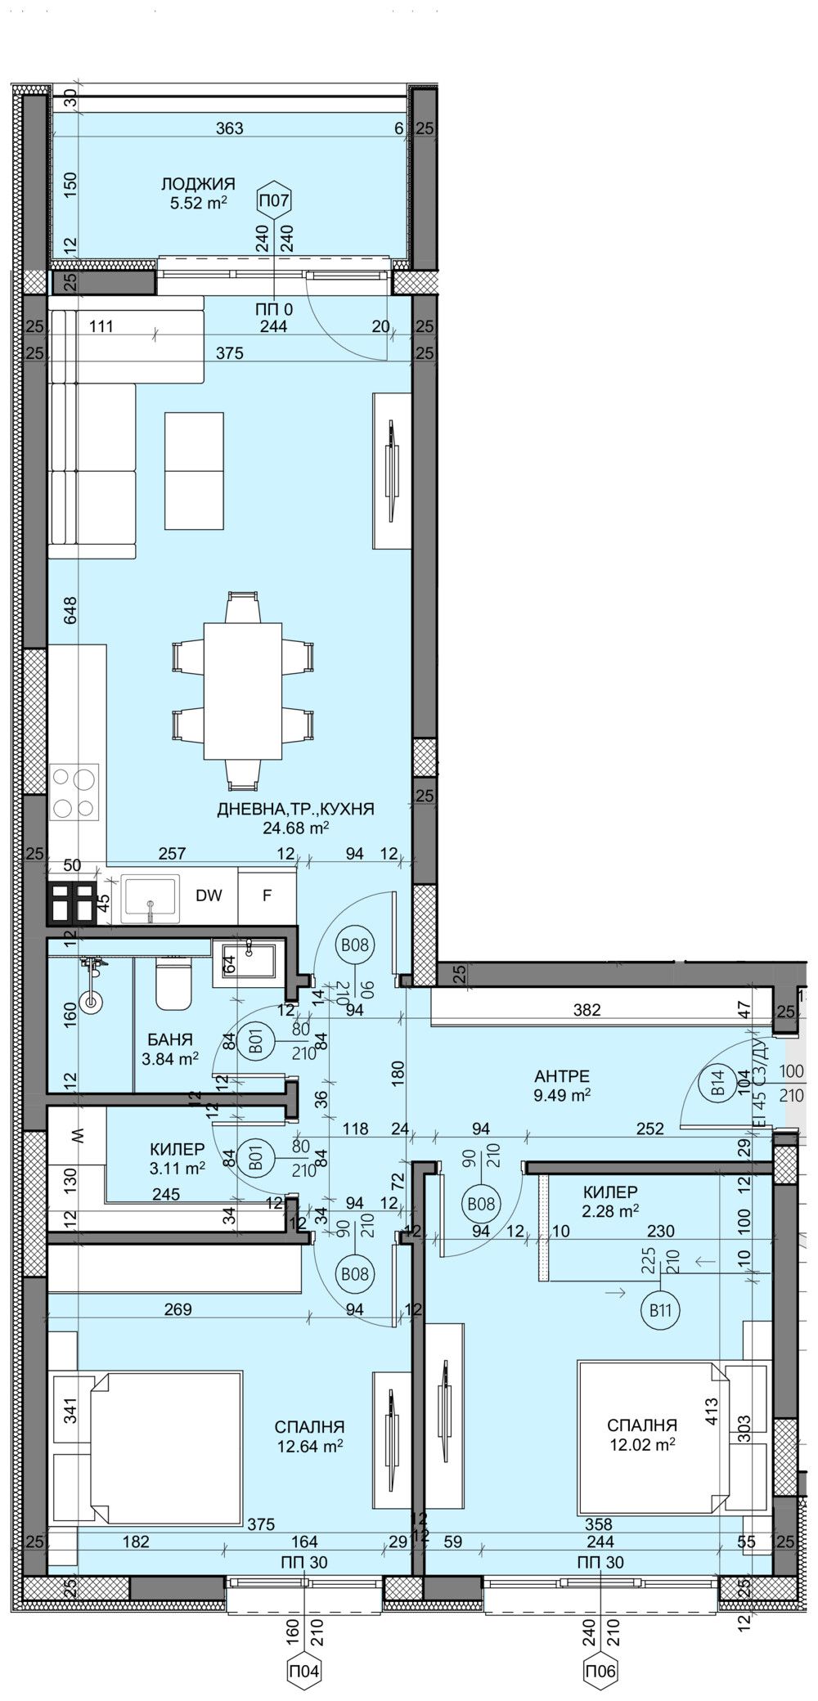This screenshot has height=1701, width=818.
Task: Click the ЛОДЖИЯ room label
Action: click(x=198, y=184)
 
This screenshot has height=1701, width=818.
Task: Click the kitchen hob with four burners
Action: click(x=74, y=791)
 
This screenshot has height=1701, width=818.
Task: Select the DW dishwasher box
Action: click(x=209, y=895)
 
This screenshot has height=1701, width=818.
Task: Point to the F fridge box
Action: click(x=267, y=895)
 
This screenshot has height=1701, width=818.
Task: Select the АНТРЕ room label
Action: click(x=560, y=1075)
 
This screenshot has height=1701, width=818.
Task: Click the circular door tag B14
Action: click(x=718, y=1090)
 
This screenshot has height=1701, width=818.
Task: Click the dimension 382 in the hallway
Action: click(x=587, y=1010)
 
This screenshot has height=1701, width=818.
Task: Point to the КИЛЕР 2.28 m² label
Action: click(x=611, y=1200)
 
